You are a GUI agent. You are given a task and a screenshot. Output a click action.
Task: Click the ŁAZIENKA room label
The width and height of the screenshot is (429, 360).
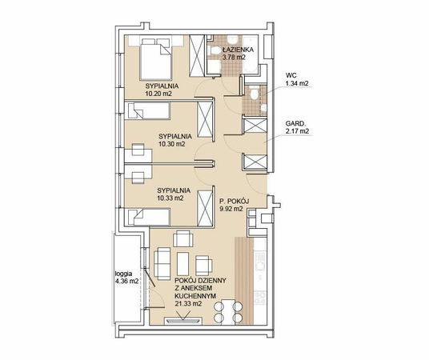[238, 50]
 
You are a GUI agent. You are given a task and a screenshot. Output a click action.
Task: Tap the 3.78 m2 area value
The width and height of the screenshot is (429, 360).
[234, 58]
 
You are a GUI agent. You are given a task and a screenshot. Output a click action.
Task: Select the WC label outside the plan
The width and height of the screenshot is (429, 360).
[291, 75]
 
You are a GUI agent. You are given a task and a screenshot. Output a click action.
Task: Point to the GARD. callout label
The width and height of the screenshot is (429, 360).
[294, 123]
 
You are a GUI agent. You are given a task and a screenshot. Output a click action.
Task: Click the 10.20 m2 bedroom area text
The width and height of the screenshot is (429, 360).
[158, 94]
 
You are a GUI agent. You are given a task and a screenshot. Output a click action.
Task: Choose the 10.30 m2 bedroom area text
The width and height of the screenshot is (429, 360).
[172, 144]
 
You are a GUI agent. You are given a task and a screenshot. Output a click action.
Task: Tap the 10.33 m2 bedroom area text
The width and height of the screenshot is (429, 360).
[170, 198]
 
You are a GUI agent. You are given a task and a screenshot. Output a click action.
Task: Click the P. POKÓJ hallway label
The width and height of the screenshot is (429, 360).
[234, 202]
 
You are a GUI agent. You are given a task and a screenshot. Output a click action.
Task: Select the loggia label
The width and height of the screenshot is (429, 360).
[124, 274]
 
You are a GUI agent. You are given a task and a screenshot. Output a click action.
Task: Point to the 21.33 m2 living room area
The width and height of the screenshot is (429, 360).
[188, 303]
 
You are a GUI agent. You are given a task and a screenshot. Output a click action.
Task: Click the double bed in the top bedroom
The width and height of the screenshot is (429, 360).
[156, 59]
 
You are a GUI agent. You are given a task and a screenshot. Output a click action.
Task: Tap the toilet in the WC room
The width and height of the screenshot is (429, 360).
[255, 94]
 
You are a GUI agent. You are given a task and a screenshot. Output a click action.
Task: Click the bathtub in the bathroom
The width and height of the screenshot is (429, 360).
[251, 54]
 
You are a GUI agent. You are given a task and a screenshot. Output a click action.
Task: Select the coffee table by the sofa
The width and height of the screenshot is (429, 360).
[182, 264]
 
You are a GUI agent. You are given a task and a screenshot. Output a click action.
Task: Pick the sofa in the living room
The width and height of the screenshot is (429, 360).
[162, 263]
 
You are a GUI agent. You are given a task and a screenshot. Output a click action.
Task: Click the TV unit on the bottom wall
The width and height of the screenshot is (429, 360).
[183, 321]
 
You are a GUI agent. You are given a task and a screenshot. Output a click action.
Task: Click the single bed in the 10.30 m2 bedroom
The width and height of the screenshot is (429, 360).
[148, 110]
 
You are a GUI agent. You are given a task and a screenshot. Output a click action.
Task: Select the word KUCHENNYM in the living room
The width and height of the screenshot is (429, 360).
[195, 296]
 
